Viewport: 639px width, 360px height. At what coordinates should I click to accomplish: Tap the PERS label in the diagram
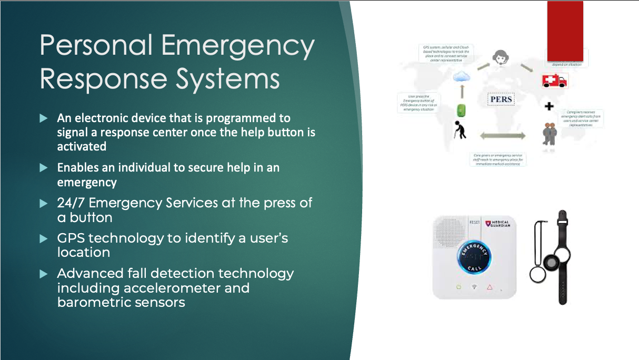(x=501, y=99)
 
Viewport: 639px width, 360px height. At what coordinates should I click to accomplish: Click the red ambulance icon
(x=555, y=81)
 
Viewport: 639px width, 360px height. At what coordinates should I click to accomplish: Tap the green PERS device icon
(x=461, y=111)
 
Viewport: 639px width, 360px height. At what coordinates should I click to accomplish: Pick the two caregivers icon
(x=550, y=134)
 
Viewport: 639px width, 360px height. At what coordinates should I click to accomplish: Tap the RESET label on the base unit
(x=474, y=223)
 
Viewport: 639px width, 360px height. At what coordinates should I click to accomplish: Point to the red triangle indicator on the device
(x=489, y=287)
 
